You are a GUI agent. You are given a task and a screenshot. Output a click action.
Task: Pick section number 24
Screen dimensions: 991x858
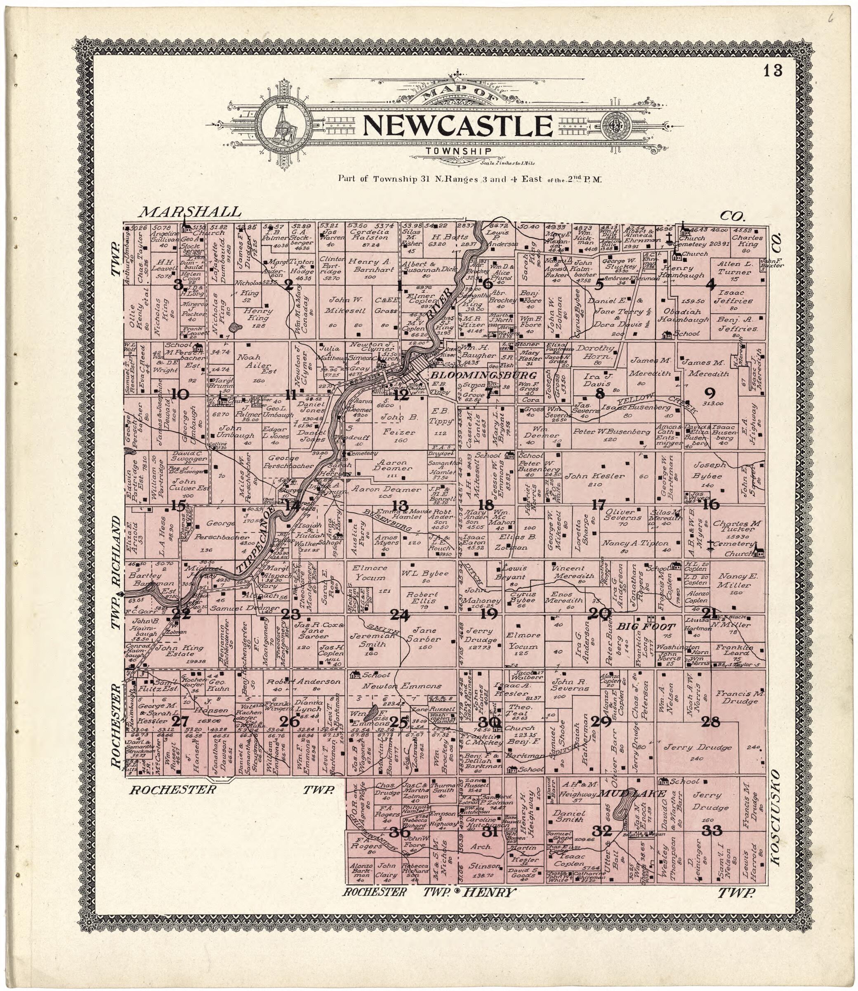400,615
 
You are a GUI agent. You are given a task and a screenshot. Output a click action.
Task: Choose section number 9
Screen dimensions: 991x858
709,393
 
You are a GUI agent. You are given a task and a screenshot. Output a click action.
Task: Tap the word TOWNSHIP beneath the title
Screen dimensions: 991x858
459,151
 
